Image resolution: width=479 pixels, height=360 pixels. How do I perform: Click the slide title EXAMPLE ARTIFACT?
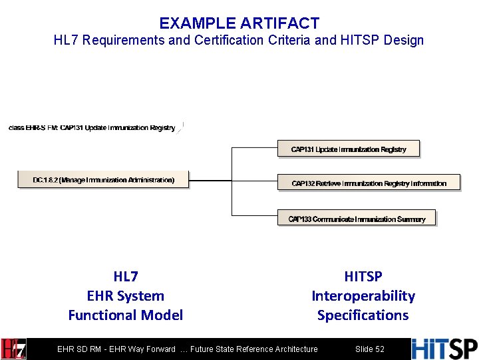[x=239, y=24]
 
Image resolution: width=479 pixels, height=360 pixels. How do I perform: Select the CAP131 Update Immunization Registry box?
[x=349, y=149]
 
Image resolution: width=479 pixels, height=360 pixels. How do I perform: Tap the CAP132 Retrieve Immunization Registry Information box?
[x=369, y=183]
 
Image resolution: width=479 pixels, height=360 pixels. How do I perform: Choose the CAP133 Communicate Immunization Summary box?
[x=357, y=219]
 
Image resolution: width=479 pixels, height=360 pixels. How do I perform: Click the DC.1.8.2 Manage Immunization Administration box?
[x=103, y=180]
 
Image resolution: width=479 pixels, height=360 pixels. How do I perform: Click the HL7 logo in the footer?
[x=14, y=349]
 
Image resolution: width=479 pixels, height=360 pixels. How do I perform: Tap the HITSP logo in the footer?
[x=444, y=349]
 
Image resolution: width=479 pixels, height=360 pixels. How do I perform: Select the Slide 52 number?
[x=370, y=349]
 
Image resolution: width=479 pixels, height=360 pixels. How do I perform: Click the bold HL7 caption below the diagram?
[x=126, y=276]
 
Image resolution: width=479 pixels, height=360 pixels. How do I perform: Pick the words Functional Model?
[x=126, y=315]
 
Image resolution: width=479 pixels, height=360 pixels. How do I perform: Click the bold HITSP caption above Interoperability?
[x=363, y=276]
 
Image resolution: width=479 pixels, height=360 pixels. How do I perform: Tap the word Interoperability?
[x=363, y=295]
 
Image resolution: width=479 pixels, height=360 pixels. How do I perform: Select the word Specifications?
[x=363, y=315]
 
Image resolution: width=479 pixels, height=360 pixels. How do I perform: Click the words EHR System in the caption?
[x=126, y=295]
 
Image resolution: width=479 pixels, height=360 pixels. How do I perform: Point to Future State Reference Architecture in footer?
[x=254, y=349]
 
